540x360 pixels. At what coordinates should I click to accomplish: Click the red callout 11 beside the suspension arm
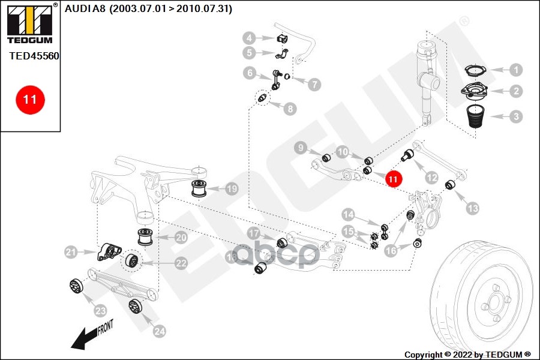[x=393, y=178]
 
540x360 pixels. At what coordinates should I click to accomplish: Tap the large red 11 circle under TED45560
[x=30, y=100]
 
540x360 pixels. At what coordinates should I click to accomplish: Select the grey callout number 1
[x=515, y=70]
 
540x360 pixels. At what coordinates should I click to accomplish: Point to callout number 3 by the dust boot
[x=515, y=116]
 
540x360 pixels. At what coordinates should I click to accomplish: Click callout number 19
[x=232, y=189]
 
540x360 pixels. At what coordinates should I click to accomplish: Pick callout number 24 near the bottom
[x=158, y=330]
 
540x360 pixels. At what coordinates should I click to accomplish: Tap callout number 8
[x=290, y=109]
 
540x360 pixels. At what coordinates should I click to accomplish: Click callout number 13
[x=473, y=208]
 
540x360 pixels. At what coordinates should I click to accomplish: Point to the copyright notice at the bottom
[x=467, y=354]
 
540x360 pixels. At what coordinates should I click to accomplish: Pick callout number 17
[x=254, y=233]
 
